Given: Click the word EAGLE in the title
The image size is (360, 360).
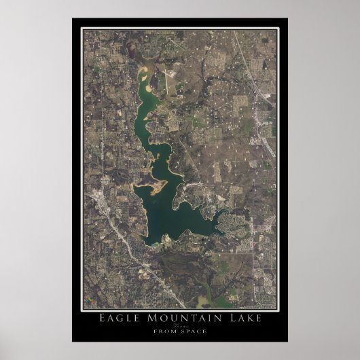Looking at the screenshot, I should pos(118,319).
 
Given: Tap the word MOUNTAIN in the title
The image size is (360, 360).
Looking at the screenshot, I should pos(176,319).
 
